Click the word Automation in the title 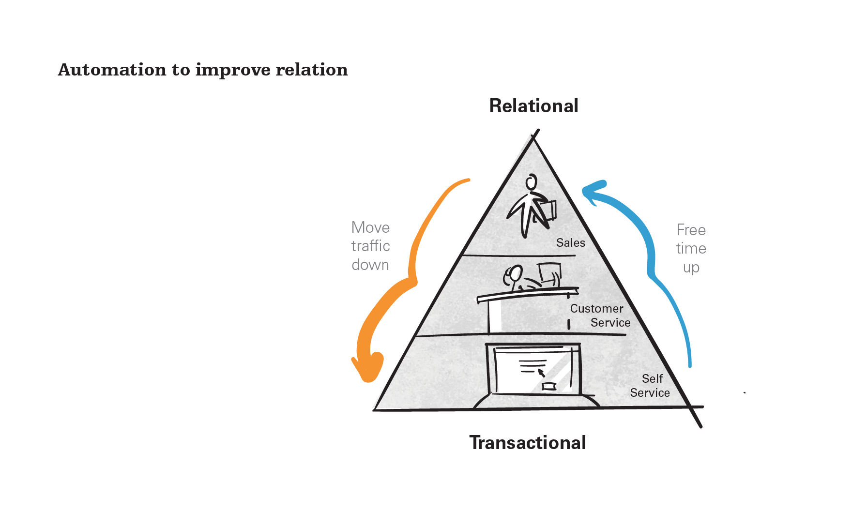(112, 70)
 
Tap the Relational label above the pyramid (534, 105)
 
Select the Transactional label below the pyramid (528, 442)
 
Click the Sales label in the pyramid (571, 242)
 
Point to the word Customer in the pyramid (597, 308)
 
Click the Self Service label (650, 386)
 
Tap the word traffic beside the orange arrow (371, 246)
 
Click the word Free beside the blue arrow (691, 230)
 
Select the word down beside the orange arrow (370, 265)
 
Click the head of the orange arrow (368, 368)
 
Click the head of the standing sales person (532, 182)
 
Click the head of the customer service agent (514, 274)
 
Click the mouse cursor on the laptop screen (541, 373)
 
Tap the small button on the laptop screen (549, 386)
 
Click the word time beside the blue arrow (691, 248)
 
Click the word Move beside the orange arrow (371, 227)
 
